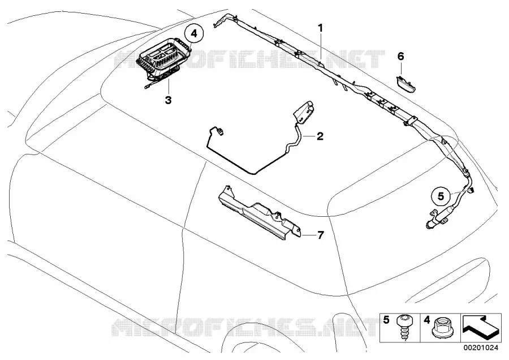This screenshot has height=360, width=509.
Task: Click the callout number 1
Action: [321, 28]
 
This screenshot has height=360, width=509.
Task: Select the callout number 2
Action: [320, 136]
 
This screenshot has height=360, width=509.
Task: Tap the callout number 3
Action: [168, 100]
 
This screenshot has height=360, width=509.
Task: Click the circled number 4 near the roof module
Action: [194, 33]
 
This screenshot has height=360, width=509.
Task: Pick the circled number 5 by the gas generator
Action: [441, 196]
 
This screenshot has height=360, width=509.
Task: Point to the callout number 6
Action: [401, 57]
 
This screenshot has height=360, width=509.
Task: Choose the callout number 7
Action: [321, 235]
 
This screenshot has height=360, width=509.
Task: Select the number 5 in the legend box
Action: [386, 320]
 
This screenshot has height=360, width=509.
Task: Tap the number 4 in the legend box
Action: [427, 320]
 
